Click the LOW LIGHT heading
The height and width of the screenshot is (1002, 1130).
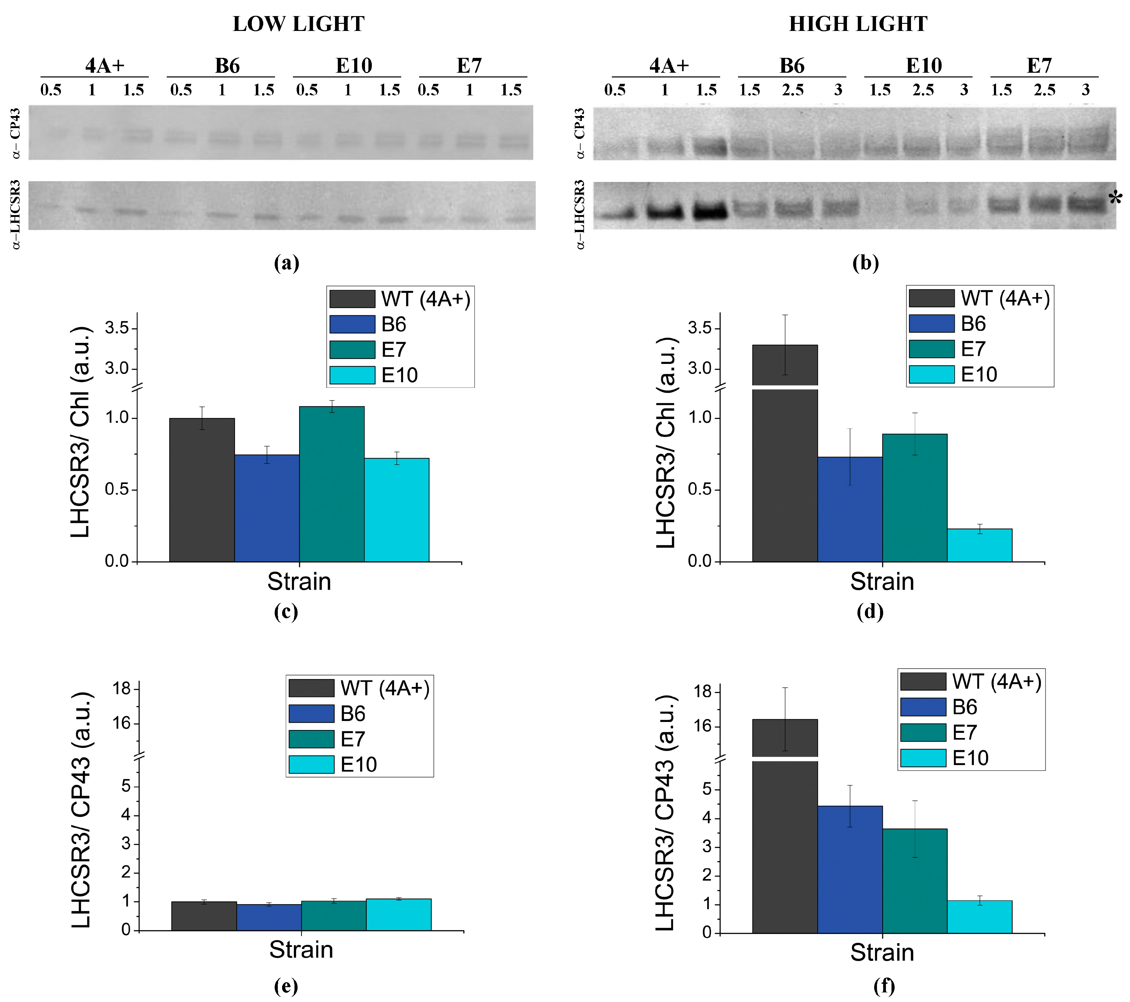299,24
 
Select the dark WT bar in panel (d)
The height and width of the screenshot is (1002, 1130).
784,476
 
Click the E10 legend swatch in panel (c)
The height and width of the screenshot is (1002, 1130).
352,375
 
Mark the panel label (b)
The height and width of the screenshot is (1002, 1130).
865,263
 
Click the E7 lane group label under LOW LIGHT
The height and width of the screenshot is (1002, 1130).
469,66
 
